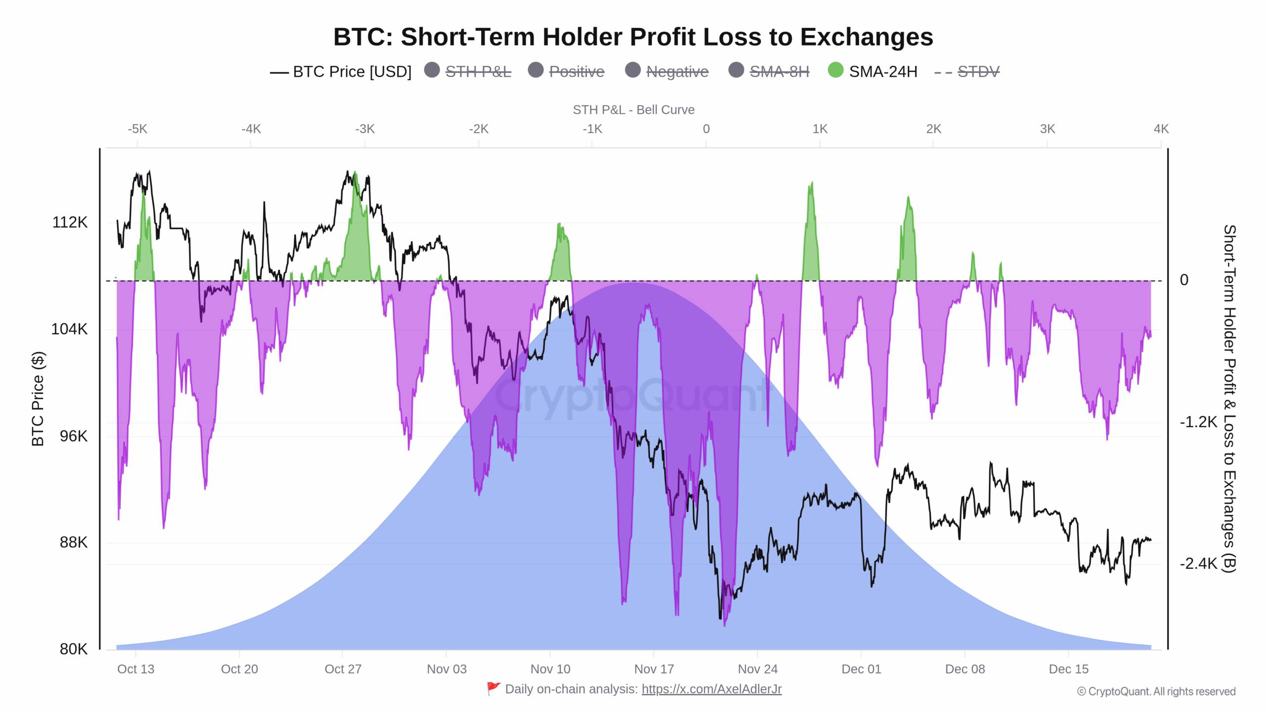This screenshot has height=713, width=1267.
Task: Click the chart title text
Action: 633,37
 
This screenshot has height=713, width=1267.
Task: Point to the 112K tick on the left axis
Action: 70,222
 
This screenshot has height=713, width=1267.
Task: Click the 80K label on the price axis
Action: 73,649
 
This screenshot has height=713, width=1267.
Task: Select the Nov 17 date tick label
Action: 654,669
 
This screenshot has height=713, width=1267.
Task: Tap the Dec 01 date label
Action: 861,669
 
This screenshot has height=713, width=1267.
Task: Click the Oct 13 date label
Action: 136,669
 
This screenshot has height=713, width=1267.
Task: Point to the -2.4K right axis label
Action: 1198,563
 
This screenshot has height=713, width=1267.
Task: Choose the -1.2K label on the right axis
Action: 1198,422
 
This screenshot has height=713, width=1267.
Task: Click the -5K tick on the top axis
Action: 137,129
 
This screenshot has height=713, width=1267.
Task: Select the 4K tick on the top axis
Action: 1161,129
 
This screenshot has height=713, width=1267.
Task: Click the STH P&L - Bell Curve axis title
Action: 633,110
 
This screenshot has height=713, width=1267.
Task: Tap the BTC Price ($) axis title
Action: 38,399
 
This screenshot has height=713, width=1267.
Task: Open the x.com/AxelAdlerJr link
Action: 711,689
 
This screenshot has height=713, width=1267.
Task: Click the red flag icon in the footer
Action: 493,689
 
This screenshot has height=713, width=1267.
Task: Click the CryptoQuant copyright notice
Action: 1156,692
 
